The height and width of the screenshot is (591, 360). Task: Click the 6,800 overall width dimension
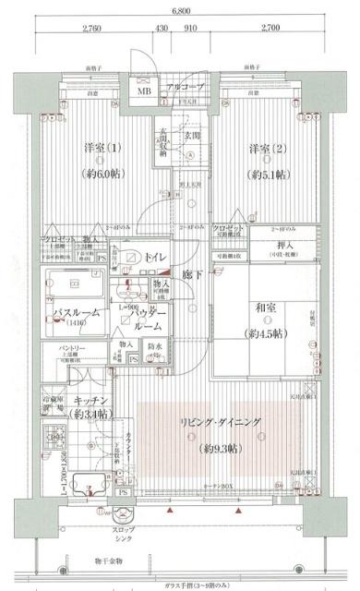point(181,12)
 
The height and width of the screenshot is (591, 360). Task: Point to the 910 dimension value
point(188,30)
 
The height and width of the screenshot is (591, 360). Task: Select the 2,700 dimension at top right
point(271,30)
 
